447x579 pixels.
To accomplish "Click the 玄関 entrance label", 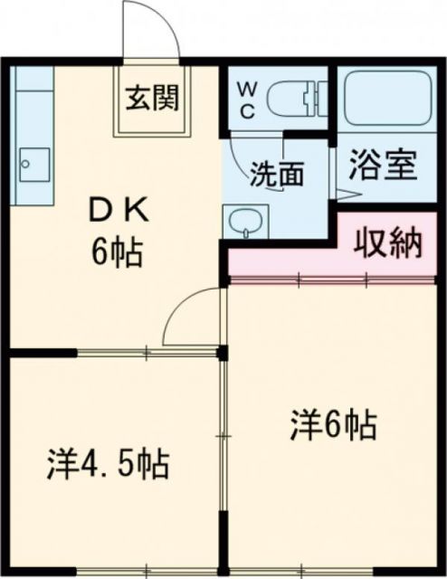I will pos(149,95).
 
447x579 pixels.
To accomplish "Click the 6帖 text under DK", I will pos(115,252).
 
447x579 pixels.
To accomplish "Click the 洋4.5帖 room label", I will pos(108,467).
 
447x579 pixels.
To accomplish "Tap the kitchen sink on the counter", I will pos(29,164).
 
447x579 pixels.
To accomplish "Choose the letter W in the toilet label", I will pos(247,90).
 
